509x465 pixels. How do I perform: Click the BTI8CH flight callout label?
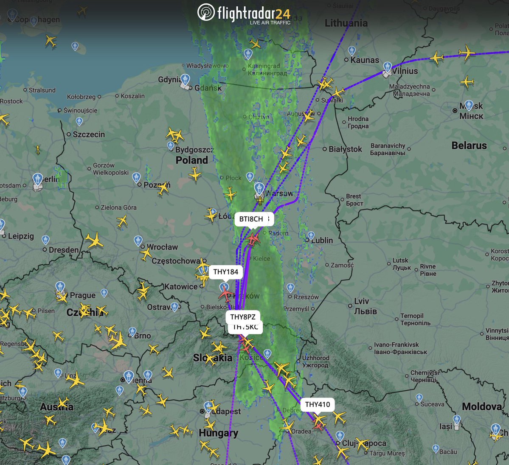pos(251,219)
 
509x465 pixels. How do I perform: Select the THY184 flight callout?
pos(225,272)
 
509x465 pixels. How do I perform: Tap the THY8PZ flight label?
pos(243,317)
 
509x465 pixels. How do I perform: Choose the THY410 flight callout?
pos(318,404)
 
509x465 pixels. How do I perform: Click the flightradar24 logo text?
pos(253,14)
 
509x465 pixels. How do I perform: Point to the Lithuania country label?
pos(346,23)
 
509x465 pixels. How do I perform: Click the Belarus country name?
pos(469,146)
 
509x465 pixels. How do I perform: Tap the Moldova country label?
pos(482,407)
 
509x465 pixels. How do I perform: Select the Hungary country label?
pos(218,433)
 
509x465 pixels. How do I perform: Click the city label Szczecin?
pos(89,134)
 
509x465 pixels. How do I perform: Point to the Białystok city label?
pos(345,149)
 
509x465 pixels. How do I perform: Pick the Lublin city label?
pos(322,241)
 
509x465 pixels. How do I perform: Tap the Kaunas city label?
pos(365,60)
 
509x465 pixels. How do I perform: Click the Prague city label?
pos(83,295)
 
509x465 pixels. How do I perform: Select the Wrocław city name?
pos(162,247)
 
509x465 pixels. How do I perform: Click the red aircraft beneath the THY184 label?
pos(225,292)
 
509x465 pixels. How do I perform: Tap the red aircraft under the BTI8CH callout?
pos(253,239)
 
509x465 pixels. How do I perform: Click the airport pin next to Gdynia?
pos(186,79)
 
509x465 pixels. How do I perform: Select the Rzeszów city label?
pos(306,297)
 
